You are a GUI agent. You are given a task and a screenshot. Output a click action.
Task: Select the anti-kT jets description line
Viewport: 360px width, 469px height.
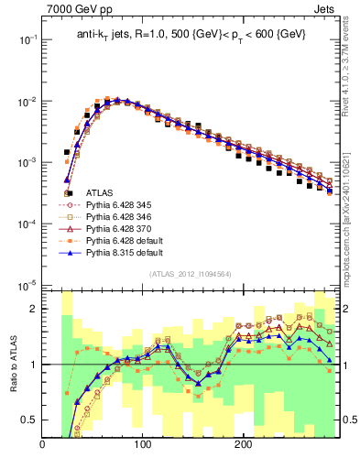(190, 35)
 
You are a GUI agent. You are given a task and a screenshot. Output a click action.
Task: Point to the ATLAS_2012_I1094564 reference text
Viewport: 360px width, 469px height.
(189, 274)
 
